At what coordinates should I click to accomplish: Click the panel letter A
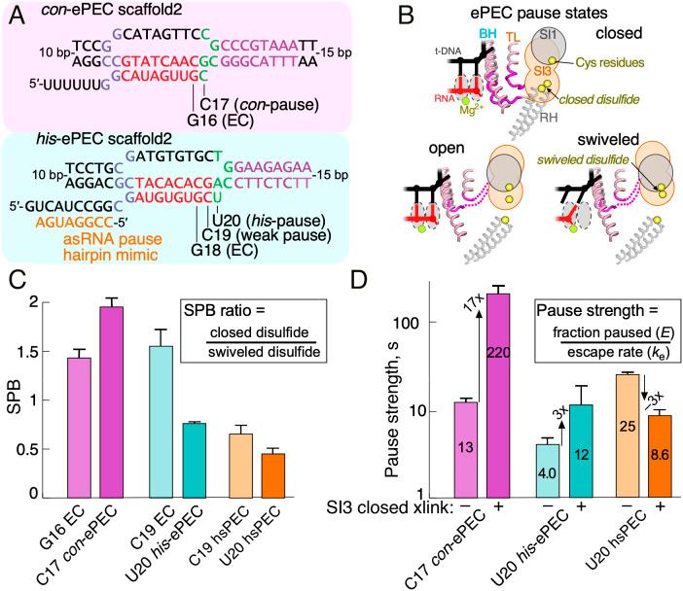point(13,14)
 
